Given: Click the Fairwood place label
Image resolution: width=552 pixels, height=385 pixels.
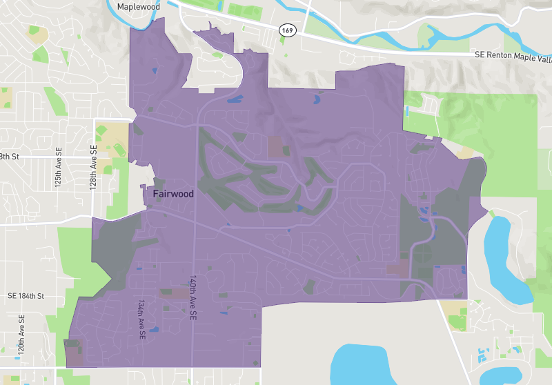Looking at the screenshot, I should [x=173, y=195].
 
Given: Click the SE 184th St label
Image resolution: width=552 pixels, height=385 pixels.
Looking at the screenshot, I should [x=26, y=296].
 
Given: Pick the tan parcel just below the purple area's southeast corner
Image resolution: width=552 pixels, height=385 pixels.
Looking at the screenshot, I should [x=454, y=307].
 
